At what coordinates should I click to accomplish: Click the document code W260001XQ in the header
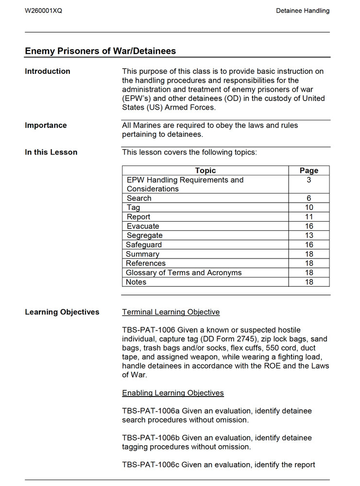coord(43,11)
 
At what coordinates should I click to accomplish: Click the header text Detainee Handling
coord(302,11)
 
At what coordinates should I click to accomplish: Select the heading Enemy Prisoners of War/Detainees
coord(100,51)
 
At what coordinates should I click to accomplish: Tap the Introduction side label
coord(48,71)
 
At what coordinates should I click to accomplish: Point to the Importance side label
coord(46,125)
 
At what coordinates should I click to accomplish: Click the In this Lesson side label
coord(51,152)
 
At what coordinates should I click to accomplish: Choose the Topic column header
coord(205,171)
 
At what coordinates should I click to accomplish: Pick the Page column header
coord(309,171)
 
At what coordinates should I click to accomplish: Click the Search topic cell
coord(139,198)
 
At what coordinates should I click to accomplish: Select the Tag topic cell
coord(133,208)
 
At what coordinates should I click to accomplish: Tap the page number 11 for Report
coord(309,217)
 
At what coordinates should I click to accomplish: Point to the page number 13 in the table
coord(309,235)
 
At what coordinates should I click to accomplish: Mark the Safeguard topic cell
coord(144,245)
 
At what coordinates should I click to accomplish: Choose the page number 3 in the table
coord(309,180)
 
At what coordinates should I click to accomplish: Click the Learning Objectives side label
coord(62,312)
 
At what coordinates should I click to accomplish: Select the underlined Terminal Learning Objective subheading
coord(171,312)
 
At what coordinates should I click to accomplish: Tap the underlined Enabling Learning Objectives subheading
coord(172,393)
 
